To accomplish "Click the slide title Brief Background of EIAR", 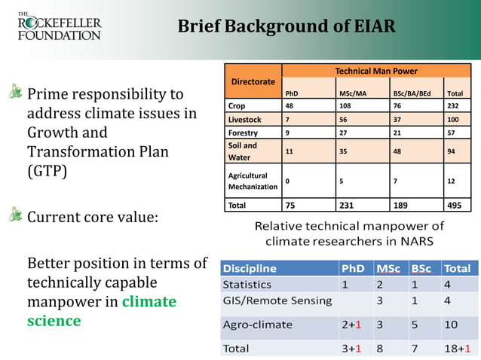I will tap(286, 26).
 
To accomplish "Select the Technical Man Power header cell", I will tap(376, 71).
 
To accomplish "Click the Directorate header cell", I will tap(253, 81).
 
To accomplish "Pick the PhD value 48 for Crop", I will tap(289, 106).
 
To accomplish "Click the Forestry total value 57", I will tap(452, 133).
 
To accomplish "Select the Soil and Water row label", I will tap(243, 151).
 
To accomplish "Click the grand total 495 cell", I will tap(455, 205).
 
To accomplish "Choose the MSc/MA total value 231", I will tap(348, 205).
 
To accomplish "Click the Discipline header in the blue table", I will tap(250, 268).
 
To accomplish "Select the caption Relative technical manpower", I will tap(349, 233).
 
